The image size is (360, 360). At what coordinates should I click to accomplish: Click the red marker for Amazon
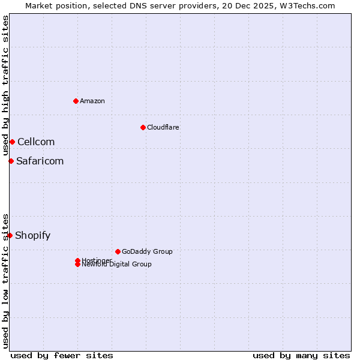click(76, 101)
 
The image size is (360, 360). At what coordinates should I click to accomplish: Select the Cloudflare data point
click(143, 127)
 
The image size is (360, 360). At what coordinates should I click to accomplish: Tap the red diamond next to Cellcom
click(12, 142)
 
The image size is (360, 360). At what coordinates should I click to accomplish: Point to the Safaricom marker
click(11, 161)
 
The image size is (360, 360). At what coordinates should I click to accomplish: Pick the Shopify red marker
click(10, 235)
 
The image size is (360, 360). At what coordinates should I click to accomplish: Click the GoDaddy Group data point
click(118, 251)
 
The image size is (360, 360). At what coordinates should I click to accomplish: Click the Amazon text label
click(92, 101)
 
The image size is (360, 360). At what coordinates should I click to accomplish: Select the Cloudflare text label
click(163, 127)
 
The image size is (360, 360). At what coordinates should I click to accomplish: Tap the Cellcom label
click(36, 142)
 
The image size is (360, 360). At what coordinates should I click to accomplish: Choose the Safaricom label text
click(40, 161)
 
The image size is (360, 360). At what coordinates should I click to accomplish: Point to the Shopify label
click(32, 235)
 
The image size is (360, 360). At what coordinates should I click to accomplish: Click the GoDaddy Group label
click(147, 251)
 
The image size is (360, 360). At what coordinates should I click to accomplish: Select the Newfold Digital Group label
click(117, 265)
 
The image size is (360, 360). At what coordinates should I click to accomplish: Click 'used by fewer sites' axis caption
click(62, 355)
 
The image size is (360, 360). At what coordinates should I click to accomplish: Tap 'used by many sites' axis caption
click(301, 355)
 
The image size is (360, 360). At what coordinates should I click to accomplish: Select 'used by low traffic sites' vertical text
click(5, 280)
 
